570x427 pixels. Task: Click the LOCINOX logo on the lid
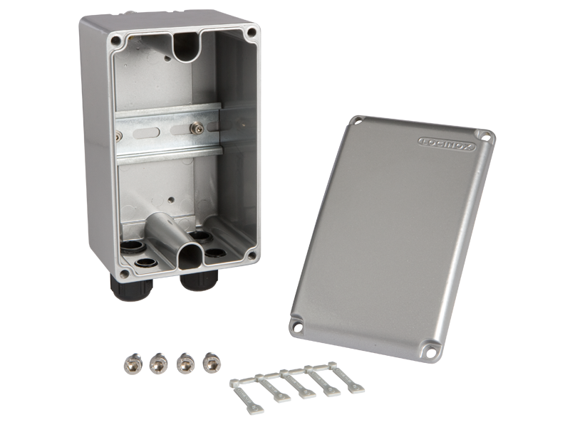tap(447, 144)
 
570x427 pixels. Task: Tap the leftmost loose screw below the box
tap(133, 364)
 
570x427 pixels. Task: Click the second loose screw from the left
tap(159, 363)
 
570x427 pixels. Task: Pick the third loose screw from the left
tap(185, 363)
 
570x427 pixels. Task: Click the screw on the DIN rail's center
tap(197, 128)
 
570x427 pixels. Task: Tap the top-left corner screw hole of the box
tap(115, 40)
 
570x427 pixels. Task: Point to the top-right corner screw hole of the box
tap(252, 32)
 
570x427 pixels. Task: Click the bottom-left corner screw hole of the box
tap(125, 274)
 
